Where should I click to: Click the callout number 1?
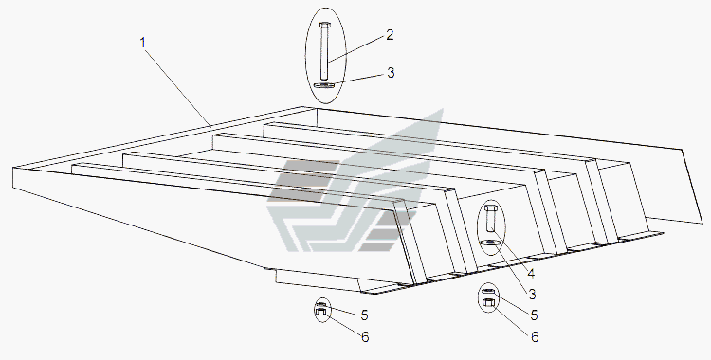[x=143, y=43]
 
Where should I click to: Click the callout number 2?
[x=390, y=35]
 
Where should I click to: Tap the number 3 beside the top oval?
[x=391, y=73]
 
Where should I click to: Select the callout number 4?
[x=531, y=274]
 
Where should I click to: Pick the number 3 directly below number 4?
[x=532, y=295]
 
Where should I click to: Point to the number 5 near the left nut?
[x=364, y=315]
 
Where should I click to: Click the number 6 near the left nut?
[x=365, y=337]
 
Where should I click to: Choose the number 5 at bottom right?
[x=534, y=315]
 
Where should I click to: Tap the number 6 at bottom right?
[x=535, y=337]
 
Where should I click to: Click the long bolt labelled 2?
[x=324, y=51]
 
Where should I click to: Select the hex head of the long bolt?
[x=324, y=25]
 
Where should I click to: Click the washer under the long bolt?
[x=323, y=85]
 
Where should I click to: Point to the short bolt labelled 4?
[x=490, y=219]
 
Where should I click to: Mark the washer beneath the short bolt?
[x=491, y=243]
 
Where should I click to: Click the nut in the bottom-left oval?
[x=321, y=312]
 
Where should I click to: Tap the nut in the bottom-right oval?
[x=488, y=302]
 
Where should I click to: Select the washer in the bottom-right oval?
[x=488, y=291]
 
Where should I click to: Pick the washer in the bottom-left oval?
[x=321, y=304]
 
